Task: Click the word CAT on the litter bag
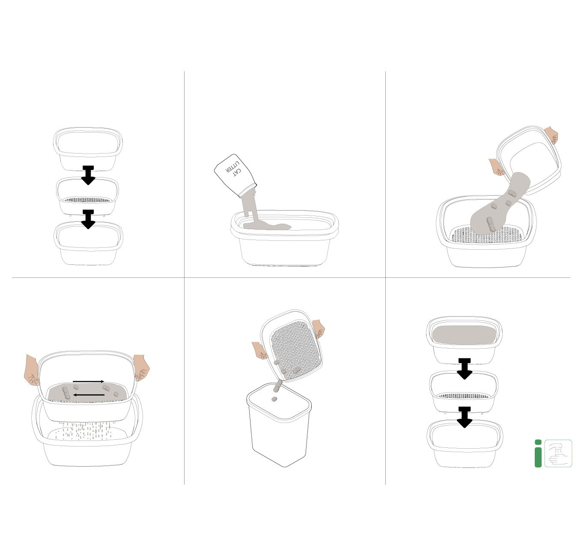[x=237, y=172]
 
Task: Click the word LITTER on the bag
[x=232, y=167]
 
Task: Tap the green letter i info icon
[x=538, y=453]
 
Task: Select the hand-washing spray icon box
[x=558, y=453]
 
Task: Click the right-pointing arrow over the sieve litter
[x=89, y=382]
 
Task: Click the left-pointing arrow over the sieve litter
[x=89, y=395]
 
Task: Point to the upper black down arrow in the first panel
[x=88, y=175]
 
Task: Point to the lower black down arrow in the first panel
[x=88, y=219]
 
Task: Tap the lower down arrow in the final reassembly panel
[x=465, y=417]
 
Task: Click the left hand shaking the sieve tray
[x=31, y=370]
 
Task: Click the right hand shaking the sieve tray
[x=142, y=367]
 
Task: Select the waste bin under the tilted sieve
[x=279, y=425]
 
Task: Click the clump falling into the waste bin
[x=274, y=399]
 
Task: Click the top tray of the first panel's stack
[x=88, y=149]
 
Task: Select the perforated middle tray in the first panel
[x=88, y=195]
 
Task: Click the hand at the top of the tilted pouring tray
[x=551, y=135]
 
